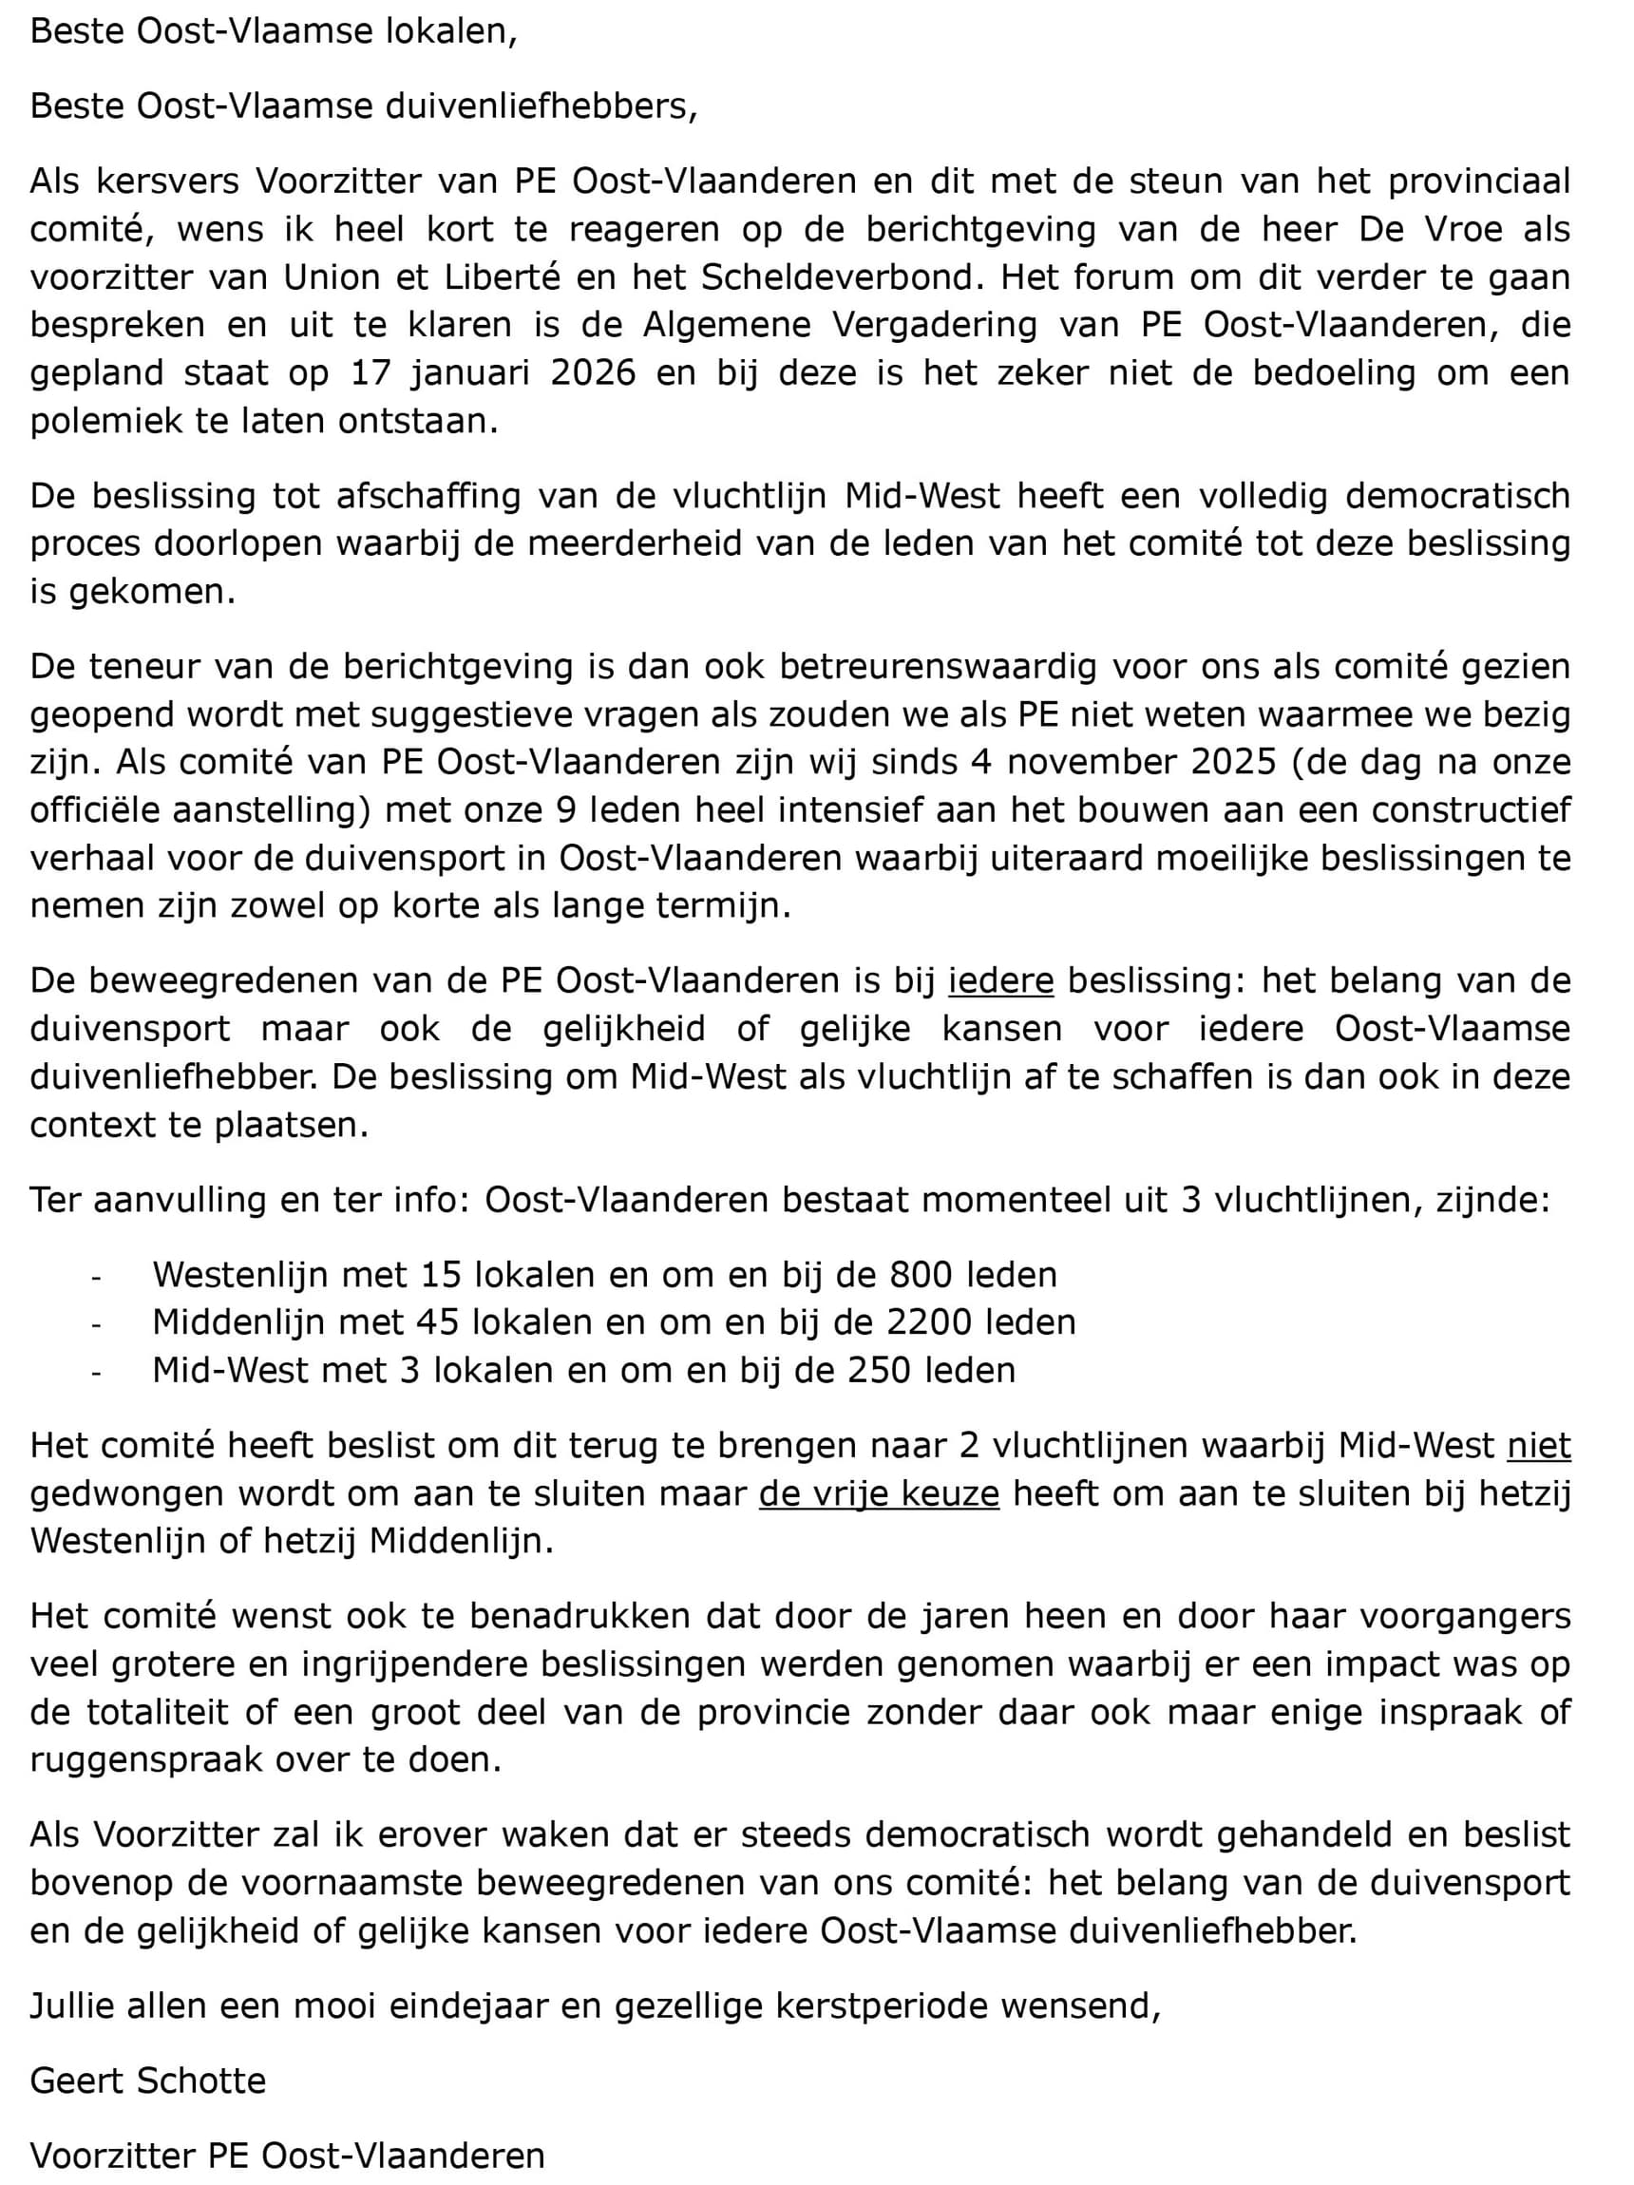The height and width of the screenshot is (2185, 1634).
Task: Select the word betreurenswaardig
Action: (x=938, y=667)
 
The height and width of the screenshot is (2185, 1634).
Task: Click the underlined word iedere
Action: (x=999, y=981)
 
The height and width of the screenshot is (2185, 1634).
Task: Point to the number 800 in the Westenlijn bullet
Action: (x=921, y=1275)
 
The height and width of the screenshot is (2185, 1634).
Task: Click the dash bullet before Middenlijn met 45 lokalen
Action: (x=97, y=1323)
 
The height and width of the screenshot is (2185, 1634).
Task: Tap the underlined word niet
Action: (x=1538, y=1446)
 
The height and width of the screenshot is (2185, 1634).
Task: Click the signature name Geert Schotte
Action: (x=148, y=2081)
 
